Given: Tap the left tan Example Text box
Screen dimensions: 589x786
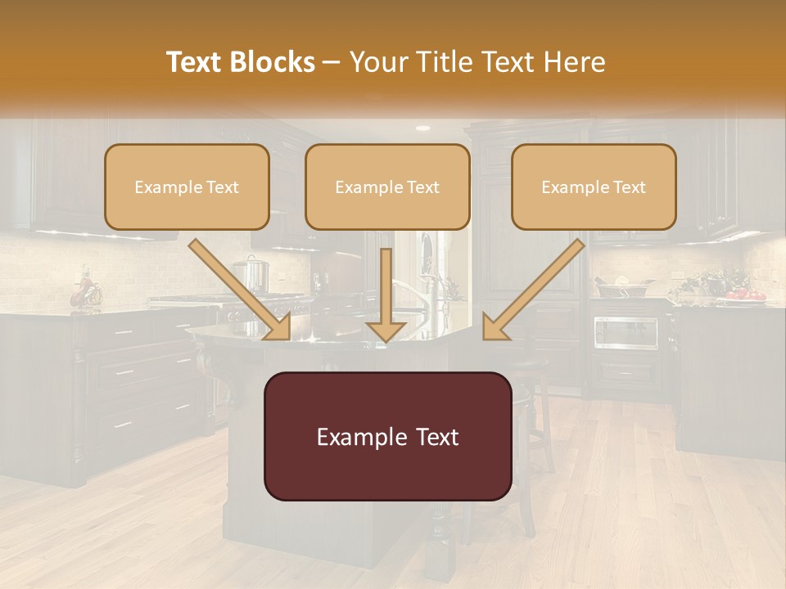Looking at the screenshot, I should tap(187, 187).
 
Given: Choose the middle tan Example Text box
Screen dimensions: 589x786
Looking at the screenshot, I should tap(387, 187).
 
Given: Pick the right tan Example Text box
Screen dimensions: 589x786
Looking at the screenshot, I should tap(594, 187).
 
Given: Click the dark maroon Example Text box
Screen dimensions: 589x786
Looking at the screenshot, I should tap(387, 436).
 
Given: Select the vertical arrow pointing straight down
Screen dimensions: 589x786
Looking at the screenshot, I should tap(386, 294).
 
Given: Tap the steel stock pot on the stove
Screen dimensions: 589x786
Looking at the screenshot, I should tap(251, 274).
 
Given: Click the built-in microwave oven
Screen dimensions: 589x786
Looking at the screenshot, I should tap(626, 332).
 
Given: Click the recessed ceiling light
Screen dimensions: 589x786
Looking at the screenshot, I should tap(422, 128).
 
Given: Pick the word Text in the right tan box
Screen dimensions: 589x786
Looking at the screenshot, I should tap(629, 187).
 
